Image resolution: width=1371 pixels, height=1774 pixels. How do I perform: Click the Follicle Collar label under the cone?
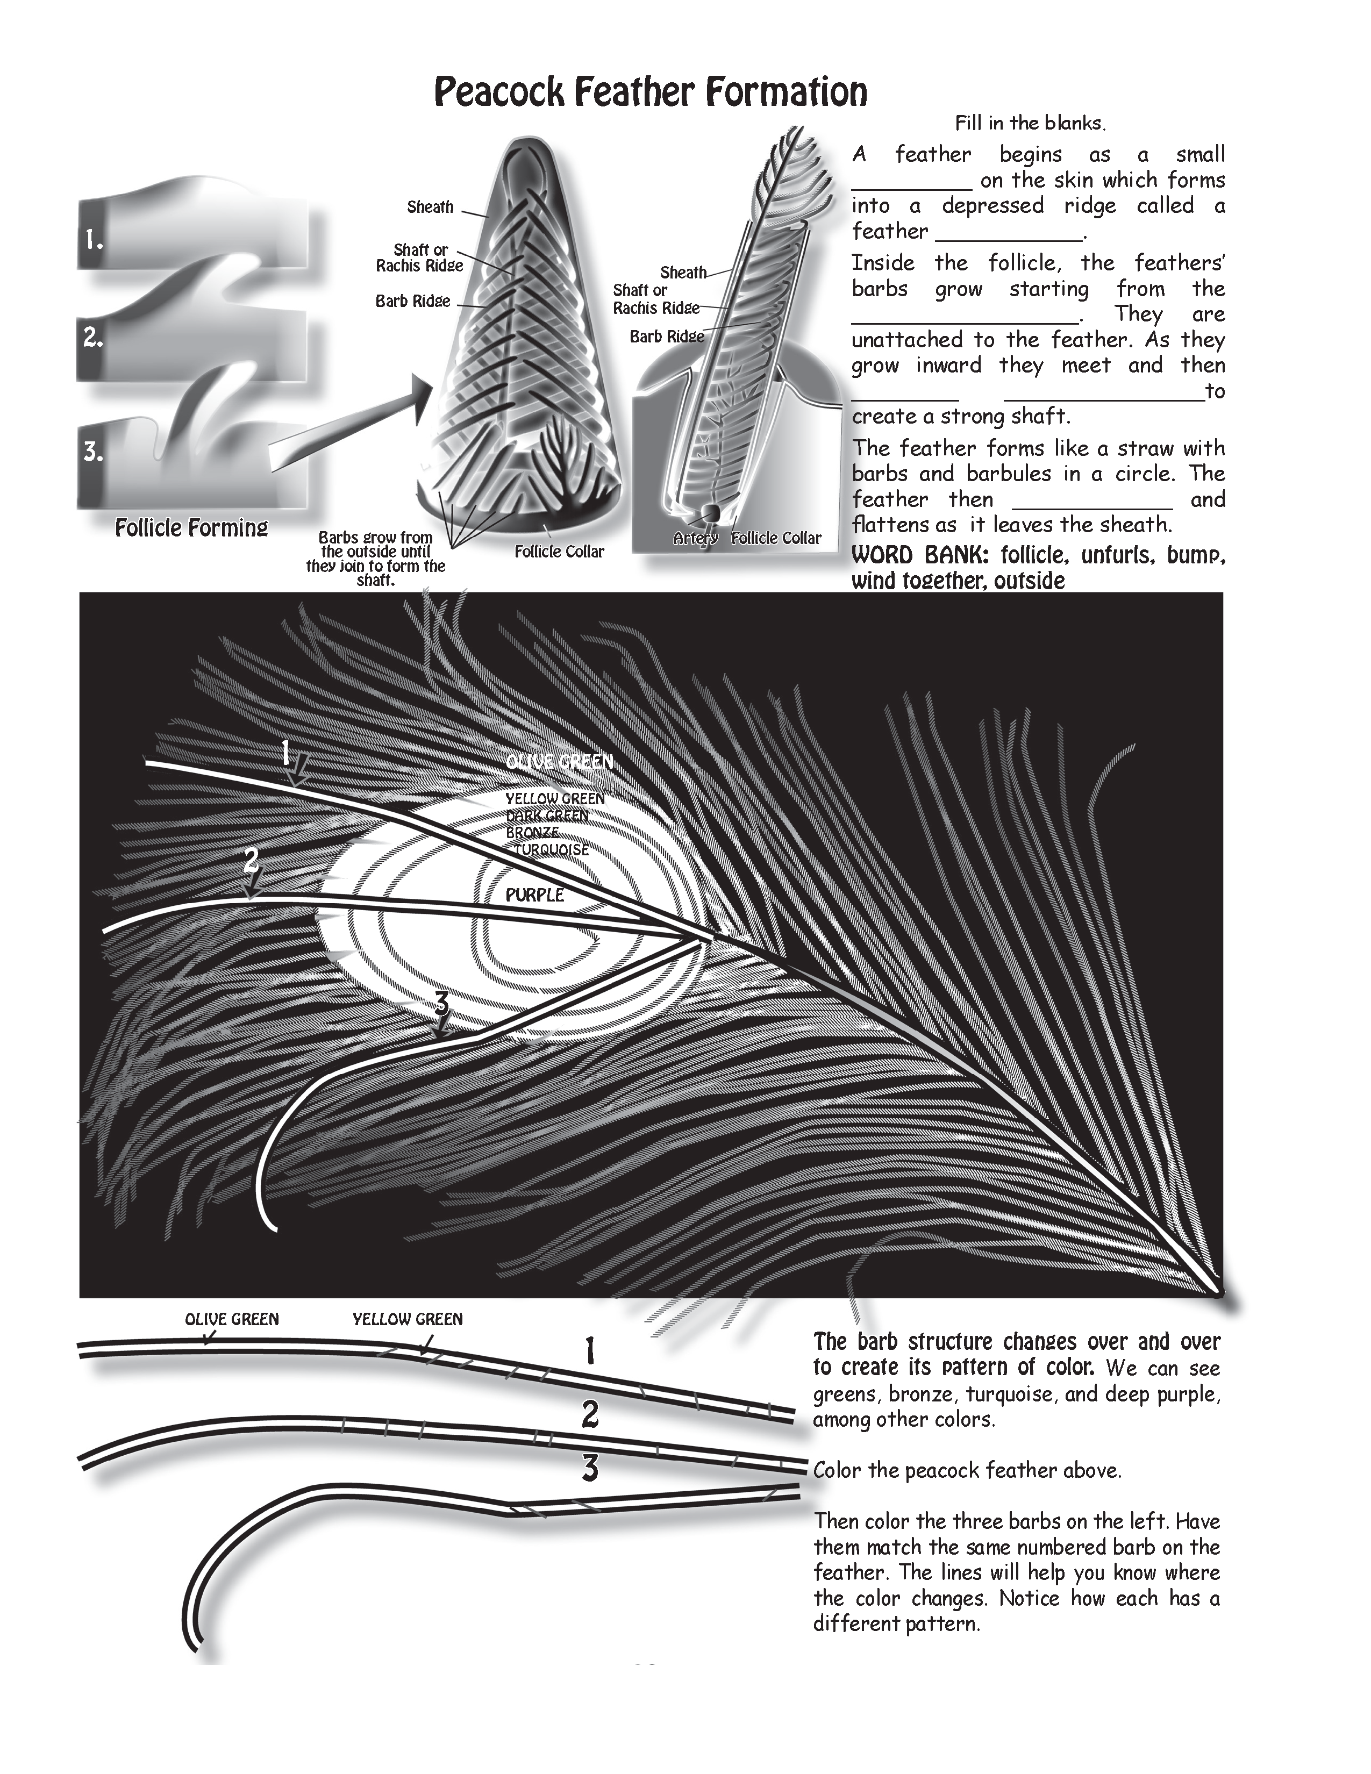(x=560, y=552)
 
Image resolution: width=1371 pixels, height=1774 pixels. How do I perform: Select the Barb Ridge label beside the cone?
(x=412, y=302)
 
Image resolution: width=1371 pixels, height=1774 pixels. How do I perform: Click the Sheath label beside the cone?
(x=430, y=207)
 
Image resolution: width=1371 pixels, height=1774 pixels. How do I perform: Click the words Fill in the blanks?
(x=1031, y=124)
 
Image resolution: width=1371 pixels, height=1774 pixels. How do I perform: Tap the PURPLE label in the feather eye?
(x=534, y=895)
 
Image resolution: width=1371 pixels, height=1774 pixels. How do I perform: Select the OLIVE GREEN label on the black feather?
(x=559, y=762)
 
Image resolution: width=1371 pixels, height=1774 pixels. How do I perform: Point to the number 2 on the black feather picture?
(x=252, y=860)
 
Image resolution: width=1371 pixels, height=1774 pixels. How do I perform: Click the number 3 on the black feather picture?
(x=441, y=1005)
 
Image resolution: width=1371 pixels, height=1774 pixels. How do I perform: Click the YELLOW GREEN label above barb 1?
(x=407, y=1320)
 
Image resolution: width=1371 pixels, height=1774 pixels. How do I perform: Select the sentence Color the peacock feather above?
(x=967, y=1471)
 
